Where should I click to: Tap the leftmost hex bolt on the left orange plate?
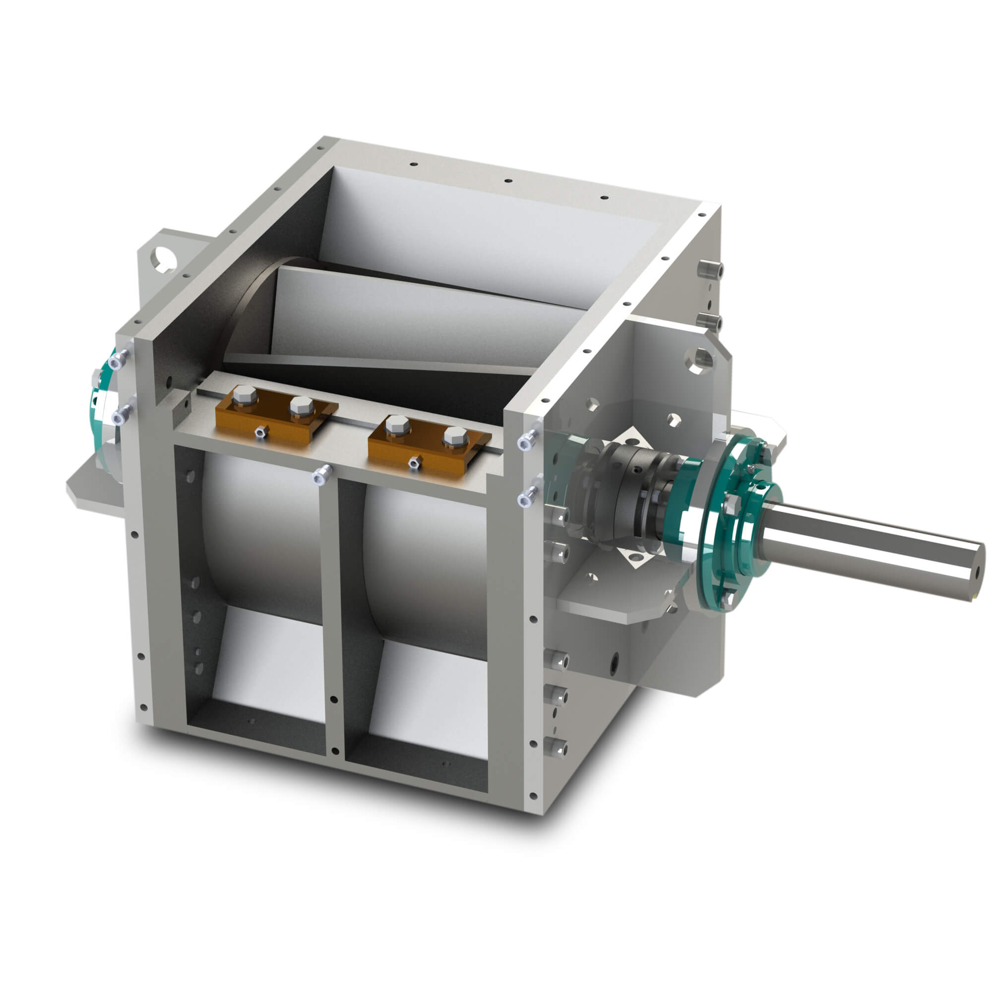[245, 398]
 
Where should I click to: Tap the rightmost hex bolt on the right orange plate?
[455, 437]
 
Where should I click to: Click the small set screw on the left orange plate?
[261, 433]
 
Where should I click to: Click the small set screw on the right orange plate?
[412, 463]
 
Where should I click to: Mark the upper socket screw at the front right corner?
[529, 440]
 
